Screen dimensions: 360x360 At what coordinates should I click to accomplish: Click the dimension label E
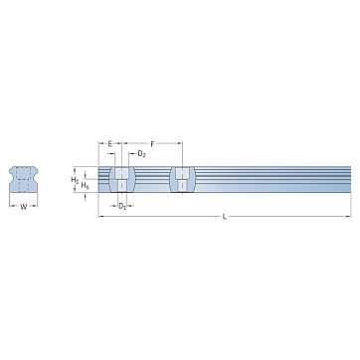coord(110,144)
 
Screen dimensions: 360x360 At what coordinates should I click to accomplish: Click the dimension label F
coord(152,144)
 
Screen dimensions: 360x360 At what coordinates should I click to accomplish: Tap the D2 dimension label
coord(141,154)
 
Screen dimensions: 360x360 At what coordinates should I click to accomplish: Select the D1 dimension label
coord(122,206)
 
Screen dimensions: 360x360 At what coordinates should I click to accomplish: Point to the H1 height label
coord(75,180)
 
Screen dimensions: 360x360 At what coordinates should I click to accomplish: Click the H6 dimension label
coord(86,185)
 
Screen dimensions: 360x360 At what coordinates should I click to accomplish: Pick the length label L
coord(225,217)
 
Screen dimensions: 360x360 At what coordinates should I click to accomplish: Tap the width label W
coord(24,207)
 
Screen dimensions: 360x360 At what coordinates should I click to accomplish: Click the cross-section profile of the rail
coord(23,179)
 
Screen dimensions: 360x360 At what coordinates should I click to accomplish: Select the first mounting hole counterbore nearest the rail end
coord(122,173)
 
